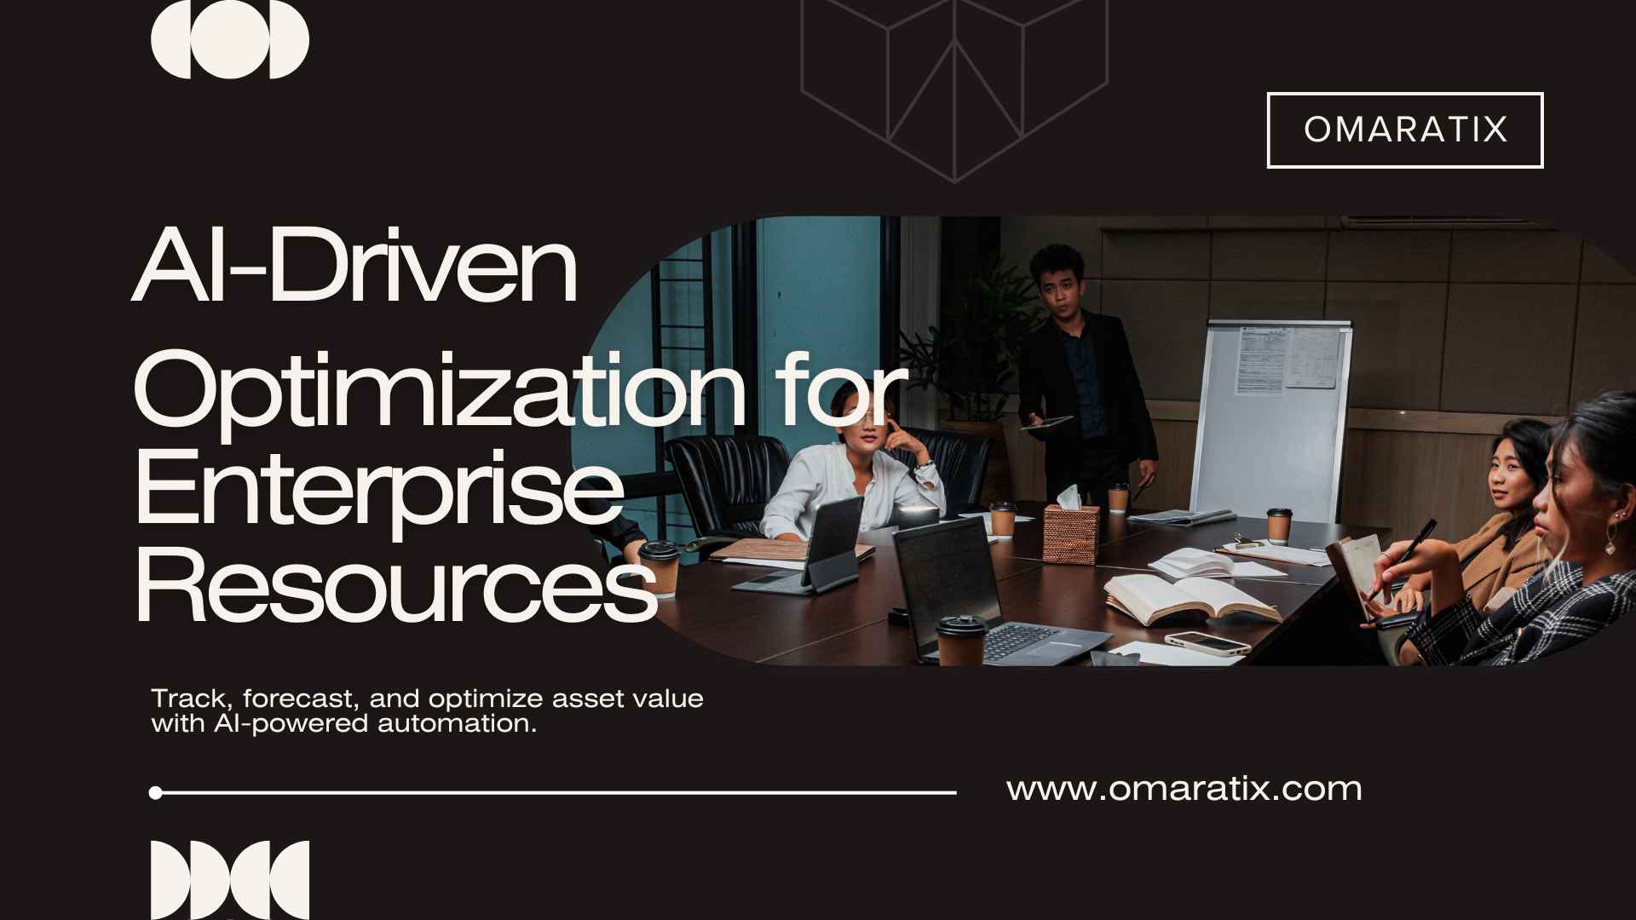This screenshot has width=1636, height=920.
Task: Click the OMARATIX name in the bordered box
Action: click(1405, 129)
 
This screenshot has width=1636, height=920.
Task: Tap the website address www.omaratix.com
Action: click(1184, 789)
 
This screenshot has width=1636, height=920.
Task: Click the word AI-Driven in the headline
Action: click(355, 265)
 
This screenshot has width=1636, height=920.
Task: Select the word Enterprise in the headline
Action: click(379, 486)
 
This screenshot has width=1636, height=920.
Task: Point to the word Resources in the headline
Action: click(396, 587)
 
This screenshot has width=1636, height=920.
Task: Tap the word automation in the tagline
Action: click(457, 724)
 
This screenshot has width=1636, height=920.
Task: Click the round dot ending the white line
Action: click(155, 793)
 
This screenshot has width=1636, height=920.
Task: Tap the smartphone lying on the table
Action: click(1207, 642)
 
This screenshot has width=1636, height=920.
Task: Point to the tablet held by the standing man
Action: click(1047, 422)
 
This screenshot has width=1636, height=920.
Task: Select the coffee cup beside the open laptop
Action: click(961, 640)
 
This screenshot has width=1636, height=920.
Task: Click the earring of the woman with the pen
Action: click(1612, 536)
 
